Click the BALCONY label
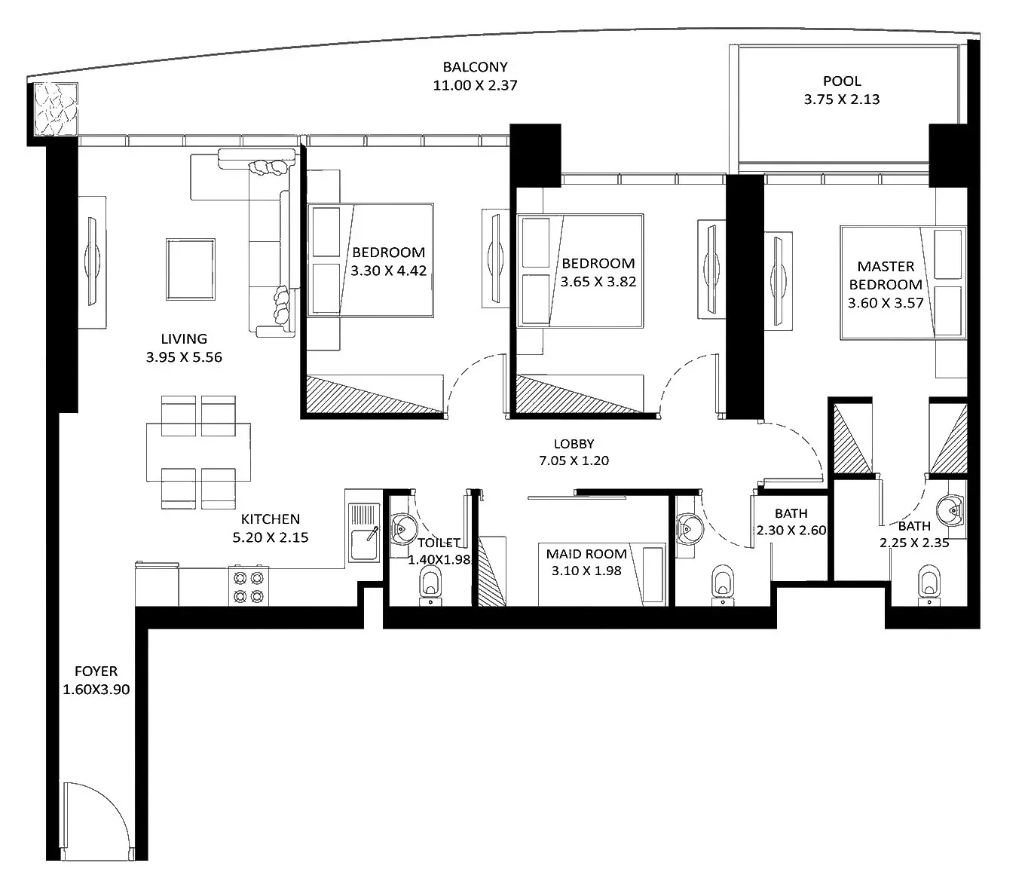pyautogui.click(x=475, y=66)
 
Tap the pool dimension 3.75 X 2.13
pyautogui.click(x=842, y=99)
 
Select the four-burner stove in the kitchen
pyautogui.click(x=249, y=586)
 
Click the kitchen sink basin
pyautogui.click(x=365, y=545)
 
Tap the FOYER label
pyautogui.click(x=96, y=671)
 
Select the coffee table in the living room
pyautogui.click(x=191, y=269)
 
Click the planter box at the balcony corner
pyautogui.click(x=56, y=109)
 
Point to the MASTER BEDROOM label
pyautogui.click(x=886, y=276)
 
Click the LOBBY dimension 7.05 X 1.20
pyautogui.click(x=574, y=460)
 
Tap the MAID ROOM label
pyautogui.click(x=586, y=554)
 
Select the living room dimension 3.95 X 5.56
pyautogui.click(x=184, y=357)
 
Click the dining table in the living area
pyautogui.click(x=198, y=452)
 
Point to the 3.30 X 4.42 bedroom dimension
pyautogui.click(x=388, y=271)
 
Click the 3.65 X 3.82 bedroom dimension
pyautogui.click(x=598, y=282)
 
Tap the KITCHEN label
pyautogui.click(x=271, y=519)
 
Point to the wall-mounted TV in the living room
pyautogui.click(x=93, y=262)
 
